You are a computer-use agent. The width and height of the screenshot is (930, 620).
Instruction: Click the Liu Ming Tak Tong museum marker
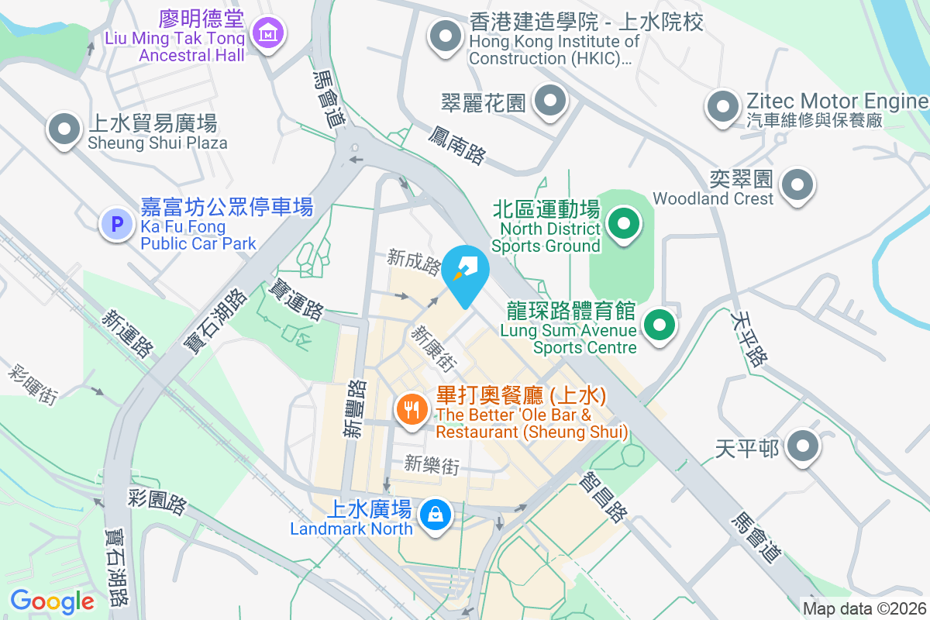(x=267, y=33)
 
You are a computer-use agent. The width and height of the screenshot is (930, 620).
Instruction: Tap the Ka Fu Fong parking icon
(x=117, y=225)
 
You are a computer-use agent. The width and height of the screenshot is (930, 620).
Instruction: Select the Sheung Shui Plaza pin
(x=64, y=129)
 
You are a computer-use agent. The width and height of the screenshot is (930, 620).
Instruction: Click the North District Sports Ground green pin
(x=623, y=225)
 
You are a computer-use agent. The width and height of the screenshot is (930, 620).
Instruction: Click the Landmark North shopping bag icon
(x=435, y=514)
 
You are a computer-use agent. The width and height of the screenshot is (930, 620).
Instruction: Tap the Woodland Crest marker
(x=797, y=185)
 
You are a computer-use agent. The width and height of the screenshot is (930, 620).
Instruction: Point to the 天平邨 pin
(x=803, y=446)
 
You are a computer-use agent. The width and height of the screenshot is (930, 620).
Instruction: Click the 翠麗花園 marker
(x=551, y=101)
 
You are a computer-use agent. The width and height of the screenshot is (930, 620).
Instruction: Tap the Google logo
(x=52, y=601)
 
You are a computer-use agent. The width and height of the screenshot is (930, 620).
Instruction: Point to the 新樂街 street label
(x=432, y=465)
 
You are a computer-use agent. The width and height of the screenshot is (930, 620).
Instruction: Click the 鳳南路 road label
(x=456, y=145)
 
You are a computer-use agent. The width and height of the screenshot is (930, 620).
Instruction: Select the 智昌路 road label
(x=602, y=497)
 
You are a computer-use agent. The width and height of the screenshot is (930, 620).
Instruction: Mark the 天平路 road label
(x=749, y=338)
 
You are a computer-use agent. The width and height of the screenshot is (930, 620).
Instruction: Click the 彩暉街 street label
(x=33, y=384)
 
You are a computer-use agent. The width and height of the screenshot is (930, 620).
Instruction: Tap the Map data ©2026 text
(x=864, y=608)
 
